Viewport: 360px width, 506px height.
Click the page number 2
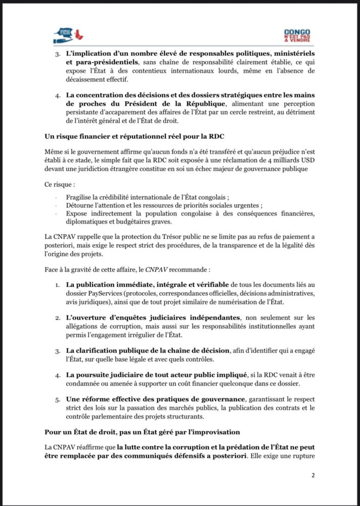[x=313, y=475]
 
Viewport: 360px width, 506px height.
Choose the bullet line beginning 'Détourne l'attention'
[x=163, y=205]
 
